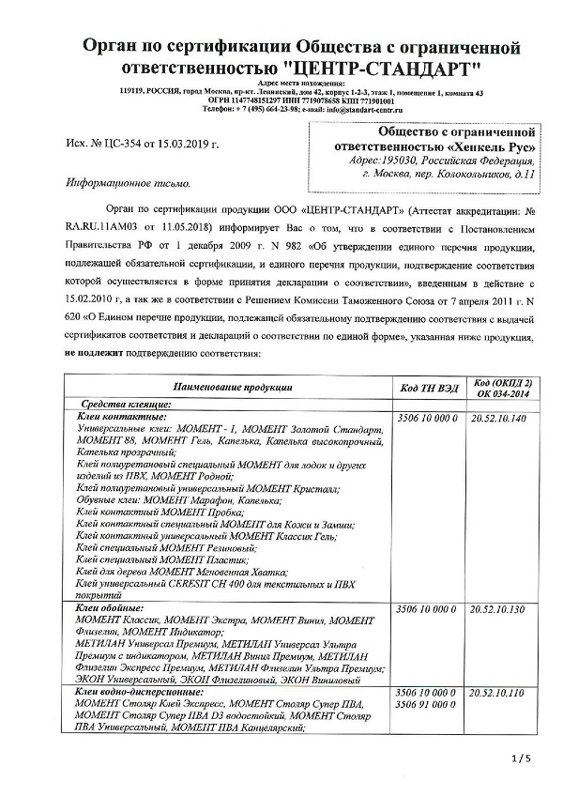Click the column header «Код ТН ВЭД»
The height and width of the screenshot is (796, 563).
tap(429, 387)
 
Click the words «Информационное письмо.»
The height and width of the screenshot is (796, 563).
tap(127, 184)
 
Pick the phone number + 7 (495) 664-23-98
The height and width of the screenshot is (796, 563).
tap(270, 109)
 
